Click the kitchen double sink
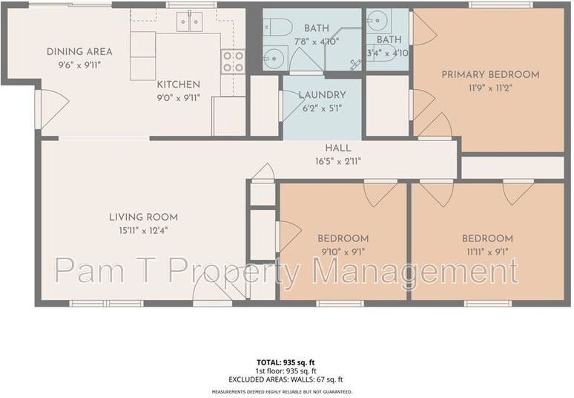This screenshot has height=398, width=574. (x=190, y=22)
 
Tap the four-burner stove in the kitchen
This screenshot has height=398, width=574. (x=233, y=61)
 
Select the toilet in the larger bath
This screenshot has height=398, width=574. (x=277, y=28)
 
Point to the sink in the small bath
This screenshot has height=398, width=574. (x=377, y=19)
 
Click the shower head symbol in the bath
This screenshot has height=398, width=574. (x=354, y=64)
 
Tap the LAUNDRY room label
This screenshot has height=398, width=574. (x=322, y=95)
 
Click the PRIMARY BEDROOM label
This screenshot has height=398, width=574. (x=490, y=74)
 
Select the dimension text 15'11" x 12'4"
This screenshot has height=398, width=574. (x=143, y=230)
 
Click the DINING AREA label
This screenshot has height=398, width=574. (x=79, y=52)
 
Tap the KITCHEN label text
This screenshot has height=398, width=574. (x=178, y=85)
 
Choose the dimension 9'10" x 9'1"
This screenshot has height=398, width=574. (x=343, y=251)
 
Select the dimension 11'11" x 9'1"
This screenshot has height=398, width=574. (x=486, y=251)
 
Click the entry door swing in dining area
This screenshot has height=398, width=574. (x=52, y=108)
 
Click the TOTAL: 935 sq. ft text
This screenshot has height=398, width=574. (x=282, y=362)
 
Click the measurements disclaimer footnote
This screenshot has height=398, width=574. (x=282, y=391)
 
